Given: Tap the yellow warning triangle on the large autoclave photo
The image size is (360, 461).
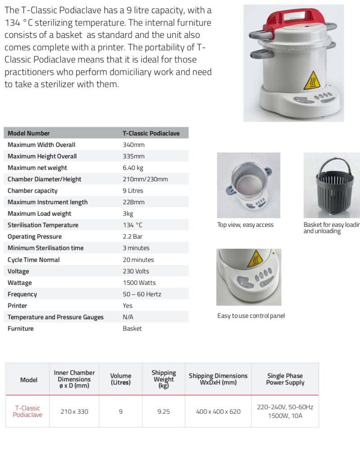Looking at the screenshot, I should coord(311,81).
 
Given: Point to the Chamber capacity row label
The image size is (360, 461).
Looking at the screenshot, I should coord(32,191).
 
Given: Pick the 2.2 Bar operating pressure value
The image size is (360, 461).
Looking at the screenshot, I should coord(132,237).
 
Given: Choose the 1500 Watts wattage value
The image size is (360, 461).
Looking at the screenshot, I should coord(139,283).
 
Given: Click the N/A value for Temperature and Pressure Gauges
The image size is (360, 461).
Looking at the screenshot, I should coord(128,317).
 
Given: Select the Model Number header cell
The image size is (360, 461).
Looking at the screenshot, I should coord(28,133).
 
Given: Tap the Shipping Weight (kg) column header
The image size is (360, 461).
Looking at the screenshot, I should coord(164,379).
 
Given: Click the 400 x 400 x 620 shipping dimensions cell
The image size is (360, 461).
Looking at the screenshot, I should coord(218,411).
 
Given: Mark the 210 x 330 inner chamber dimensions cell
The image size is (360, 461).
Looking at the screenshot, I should coord(74,411).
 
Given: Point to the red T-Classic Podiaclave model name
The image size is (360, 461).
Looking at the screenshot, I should coord(27,411).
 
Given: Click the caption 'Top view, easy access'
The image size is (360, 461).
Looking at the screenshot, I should coord(245,225).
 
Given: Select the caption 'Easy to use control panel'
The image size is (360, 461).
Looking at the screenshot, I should coord(251,316).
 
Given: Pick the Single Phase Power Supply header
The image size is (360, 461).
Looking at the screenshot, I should coord(285,379).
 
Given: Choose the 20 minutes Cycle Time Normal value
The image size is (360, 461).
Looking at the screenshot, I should coord(138,260).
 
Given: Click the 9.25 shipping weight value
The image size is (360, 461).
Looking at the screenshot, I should coord(164,411).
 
